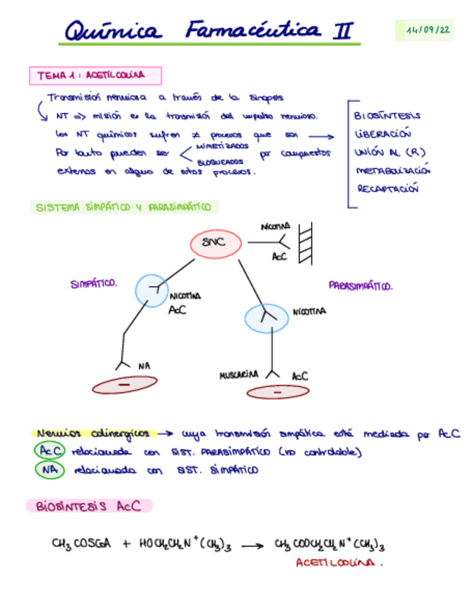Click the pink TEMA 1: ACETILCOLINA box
click(95, 75)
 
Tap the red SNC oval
click(214, 243)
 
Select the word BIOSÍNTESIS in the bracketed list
click(387, 115)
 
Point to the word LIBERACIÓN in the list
click(382, 133)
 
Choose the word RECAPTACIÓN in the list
click(388, 188)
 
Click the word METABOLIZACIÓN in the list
click(392, 170)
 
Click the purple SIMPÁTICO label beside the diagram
click(94, 283)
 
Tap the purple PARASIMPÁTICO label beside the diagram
click(360, 286)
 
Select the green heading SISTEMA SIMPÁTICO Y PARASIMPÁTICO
click(123, 207)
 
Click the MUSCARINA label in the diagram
click(239, 375)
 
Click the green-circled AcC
click(48, 452)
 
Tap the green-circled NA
click(48, 470)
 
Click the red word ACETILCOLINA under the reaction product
click(336, 563)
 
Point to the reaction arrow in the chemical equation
click(251, 546)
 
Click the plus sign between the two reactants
click(126, 545)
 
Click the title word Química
click(114, 31)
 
